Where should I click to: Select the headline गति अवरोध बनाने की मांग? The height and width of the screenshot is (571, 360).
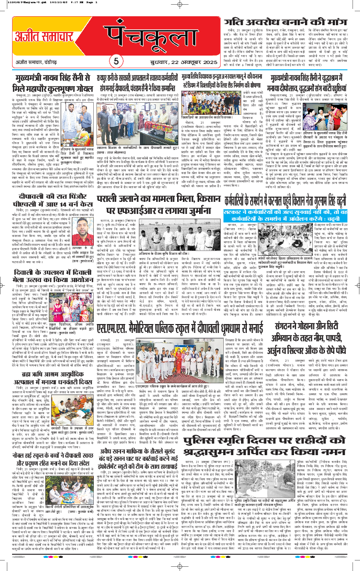pos(288,27)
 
